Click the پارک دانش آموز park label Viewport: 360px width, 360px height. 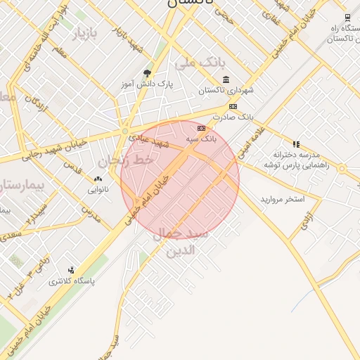coord(148,85)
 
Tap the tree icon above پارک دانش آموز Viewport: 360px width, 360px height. coord(147,73)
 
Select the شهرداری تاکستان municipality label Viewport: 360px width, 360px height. coord(224,91)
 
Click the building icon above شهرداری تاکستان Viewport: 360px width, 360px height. coord(225,79)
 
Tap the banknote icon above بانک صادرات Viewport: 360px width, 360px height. coord(233,106)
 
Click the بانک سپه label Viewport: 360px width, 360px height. coord(202,140)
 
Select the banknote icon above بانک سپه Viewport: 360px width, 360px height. coord(202,129)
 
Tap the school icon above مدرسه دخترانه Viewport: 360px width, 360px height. coord(296,144)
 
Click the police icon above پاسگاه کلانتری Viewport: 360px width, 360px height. coord(71,270)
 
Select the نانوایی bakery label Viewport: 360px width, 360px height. coord(97,190)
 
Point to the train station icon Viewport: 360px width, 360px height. coord(347,18)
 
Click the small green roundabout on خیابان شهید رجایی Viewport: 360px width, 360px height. coord(125,131)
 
